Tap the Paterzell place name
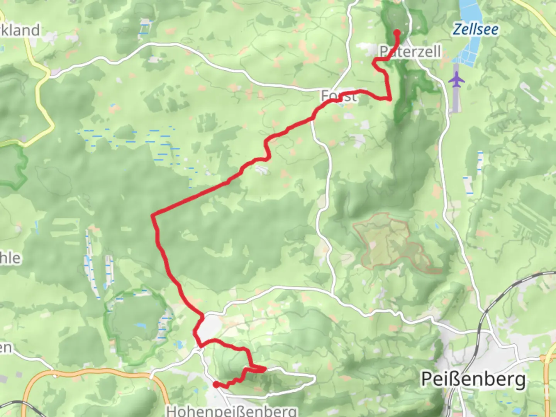(x=410, y=52)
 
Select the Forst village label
(x=339, y=96)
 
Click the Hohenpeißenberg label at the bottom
(x=232, y=411)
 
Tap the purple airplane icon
(x=457, y=81)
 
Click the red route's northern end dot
(x=397, y=32)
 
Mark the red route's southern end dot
(x=216, y=384)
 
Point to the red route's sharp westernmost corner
(x=154, y=215)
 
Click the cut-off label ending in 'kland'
(x=19, y=30)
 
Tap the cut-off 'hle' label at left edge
(x=10, y=258)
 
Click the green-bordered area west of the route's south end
(x=135, y=324)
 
